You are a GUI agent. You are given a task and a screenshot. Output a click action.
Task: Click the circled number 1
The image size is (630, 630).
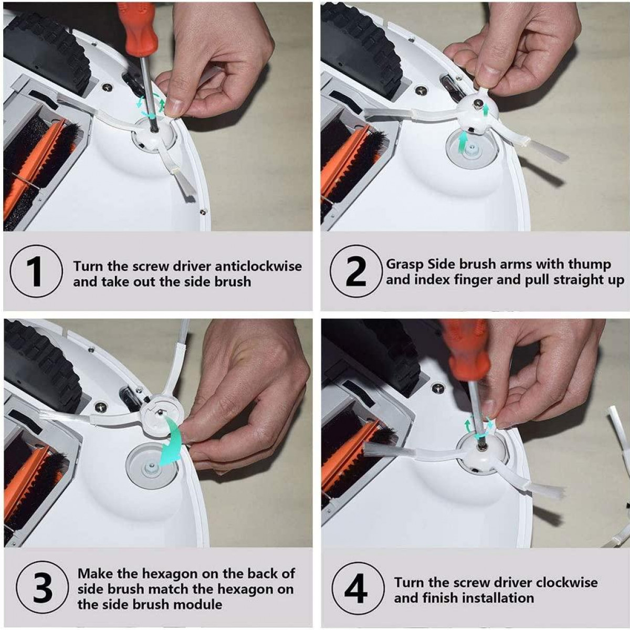pos(36,271)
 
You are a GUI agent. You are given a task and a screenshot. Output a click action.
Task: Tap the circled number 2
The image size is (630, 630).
pos(356,271)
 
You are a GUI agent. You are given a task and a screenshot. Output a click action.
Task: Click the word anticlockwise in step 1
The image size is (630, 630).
pos(258,267)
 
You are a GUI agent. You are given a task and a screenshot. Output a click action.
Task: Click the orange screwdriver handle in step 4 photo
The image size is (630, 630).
pos(468,357)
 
